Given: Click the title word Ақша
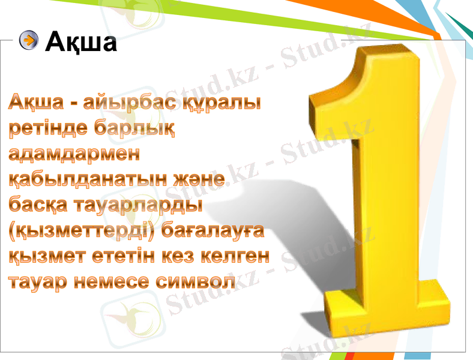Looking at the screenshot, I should pyautogui.click(x=82, y=41).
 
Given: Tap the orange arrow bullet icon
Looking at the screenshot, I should pyautogui.click(x=28, y=40).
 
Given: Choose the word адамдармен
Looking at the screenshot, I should pyautogui.click(x=74, y=154).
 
